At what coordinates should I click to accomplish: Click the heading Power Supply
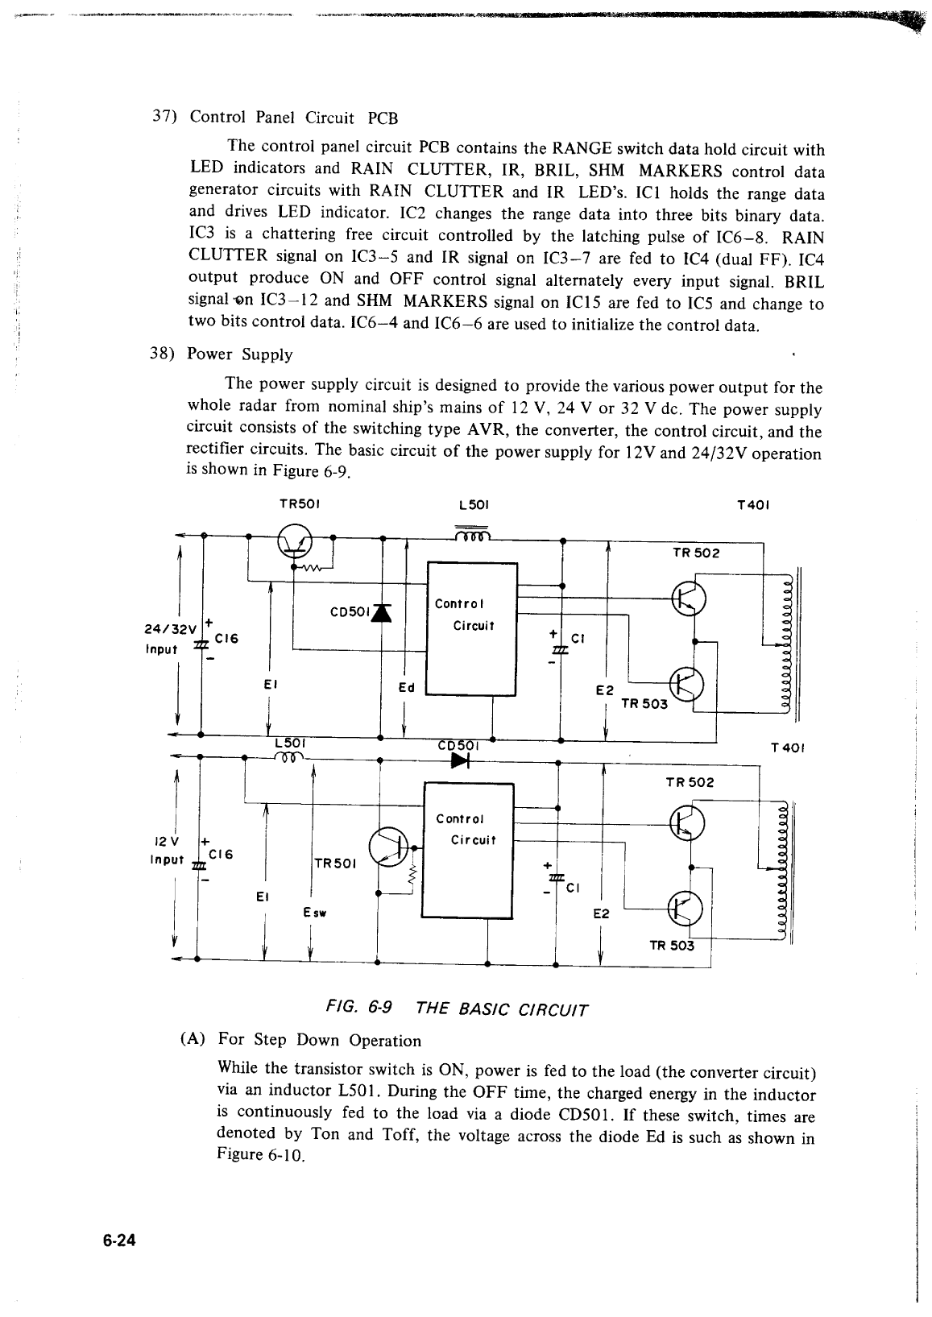(239, 354)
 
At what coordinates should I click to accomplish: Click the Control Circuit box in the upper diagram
(471, 627)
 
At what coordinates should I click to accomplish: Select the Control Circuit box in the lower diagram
(467, 849)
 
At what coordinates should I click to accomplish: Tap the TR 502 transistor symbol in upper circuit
(690, 596)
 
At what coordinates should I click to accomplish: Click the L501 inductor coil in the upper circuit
(471, 536)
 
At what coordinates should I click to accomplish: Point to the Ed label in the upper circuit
(407, 687)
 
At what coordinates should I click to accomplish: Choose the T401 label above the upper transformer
(754, 506)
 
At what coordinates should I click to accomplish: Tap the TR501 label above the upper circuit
(300, 505)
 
